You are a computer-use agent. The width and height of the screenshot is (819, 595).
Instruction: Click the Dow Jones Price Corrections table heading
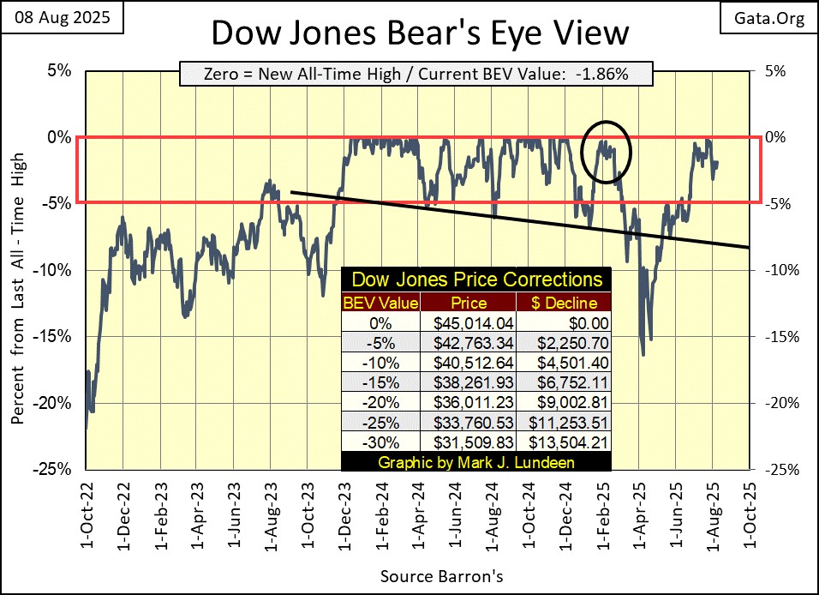tap(477, 279)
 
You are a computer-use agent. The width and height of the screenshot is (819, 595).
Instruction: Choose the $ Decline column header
tap(563, 303)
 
